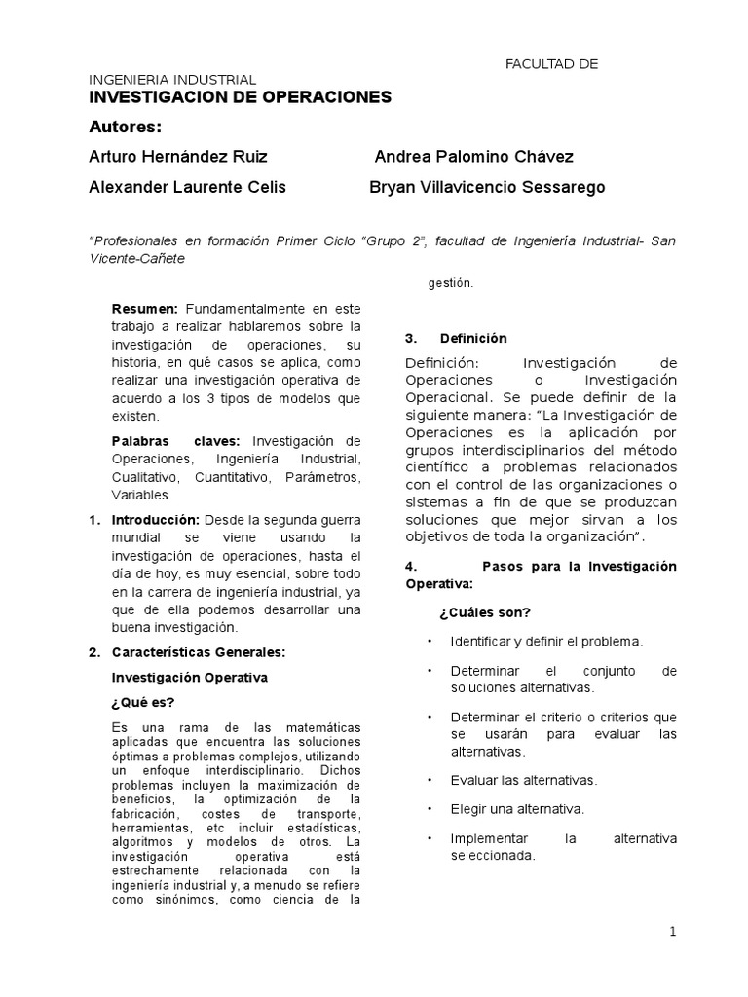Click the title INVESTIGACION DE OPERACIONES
(240, 97)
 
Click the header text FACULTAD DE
(550, 64)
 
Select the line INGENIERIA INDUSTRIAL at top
(172, 79)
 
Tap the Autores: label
(125, 127)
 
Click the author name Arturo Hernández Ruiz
(177, 157)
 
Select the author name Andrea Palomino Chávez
(474, 157)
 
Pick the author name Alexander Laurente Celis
(187, 187)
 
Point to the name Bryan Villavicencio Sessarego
(487, 187)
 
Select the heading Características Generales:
(199, 652)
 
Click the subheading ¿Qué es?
(143, 702)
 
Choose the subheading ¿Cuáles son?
(484, 612)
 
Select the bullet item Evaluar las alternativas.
(523, 780)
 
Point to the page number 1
(672, 932)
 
